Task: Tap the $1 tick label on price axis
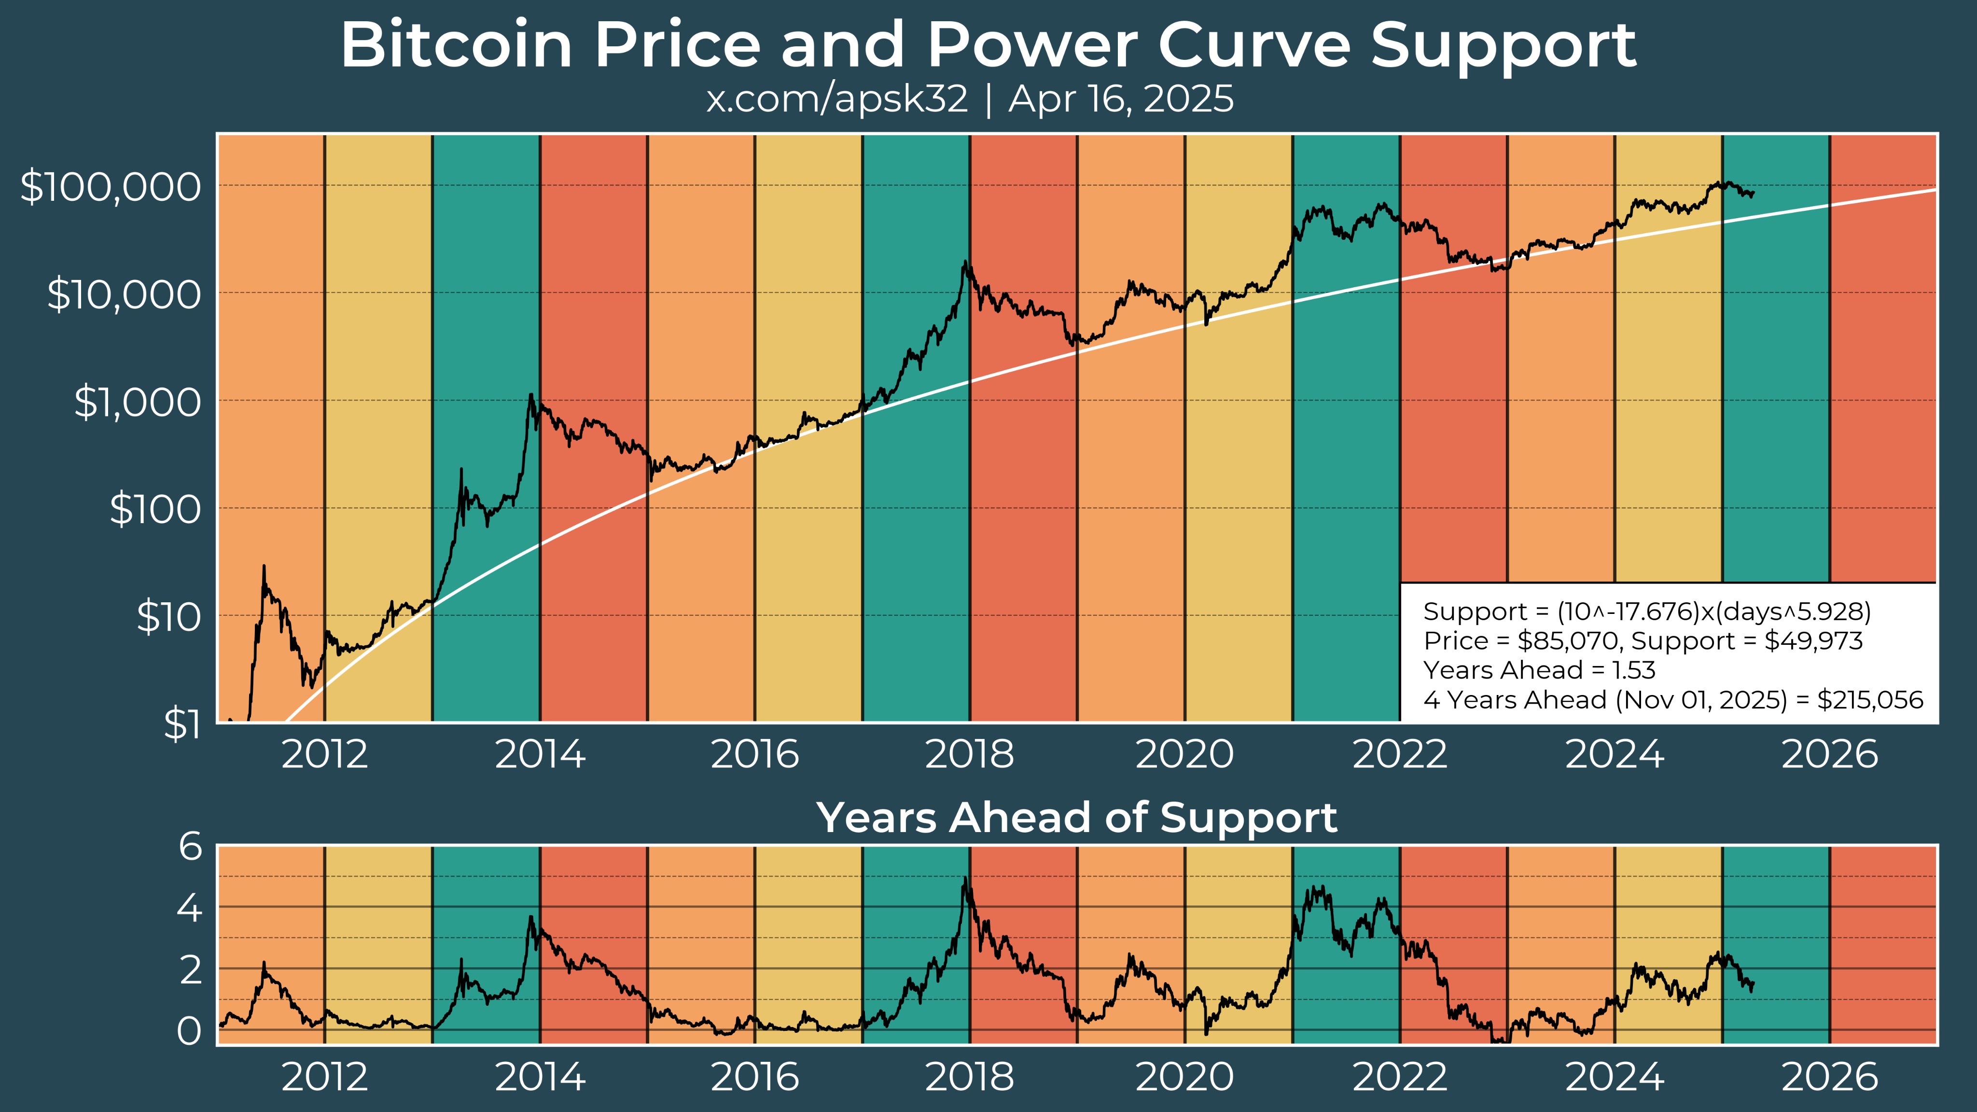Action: [x=182, y=723]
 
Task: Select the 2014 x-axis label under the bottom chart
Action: [x=540, y=1077]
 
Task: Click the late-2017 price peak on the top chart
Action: [x=964, y=263]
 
